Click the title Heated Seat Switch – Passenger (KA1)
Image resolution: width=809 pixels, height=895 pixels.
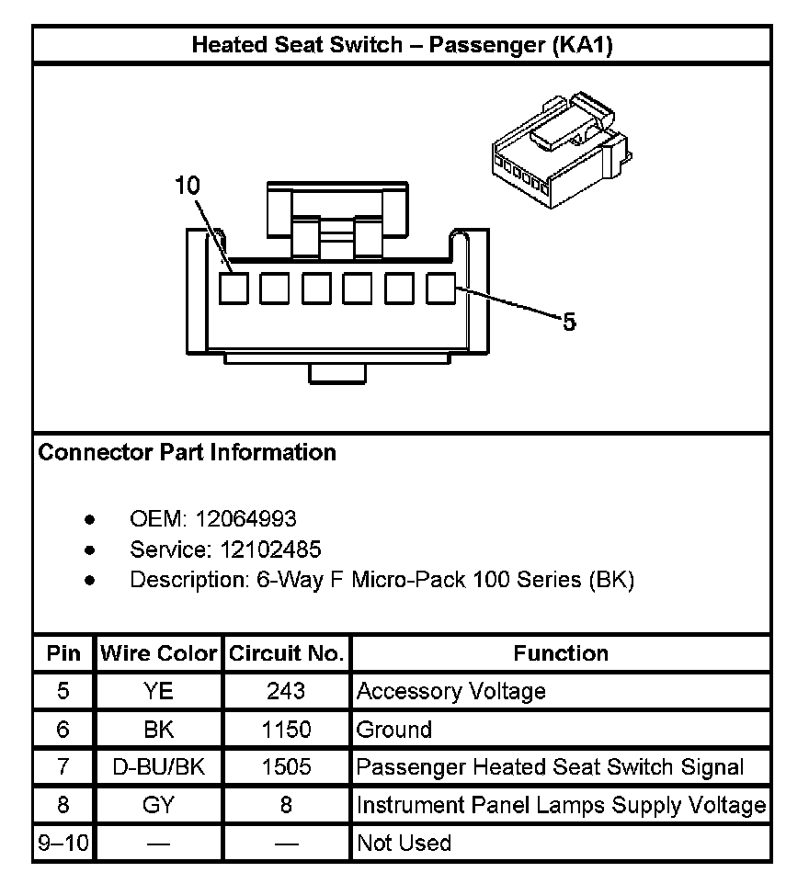[402, 45]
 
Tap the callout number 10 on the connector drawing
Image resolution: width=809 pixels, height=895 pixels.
[187, 187]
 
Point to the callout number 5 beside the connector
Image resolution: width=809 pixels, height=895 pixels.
[569, 323]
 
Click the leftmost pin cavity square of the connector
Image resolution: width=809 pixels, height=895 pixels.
[233, 289]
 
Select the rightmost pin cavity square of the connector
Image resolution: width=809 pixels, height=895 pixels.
[441, 289]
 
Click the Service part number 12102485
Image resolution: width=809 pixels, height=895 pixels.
[269, 549]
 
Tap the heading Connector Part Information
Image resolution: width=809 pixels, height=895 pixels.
[187, 452]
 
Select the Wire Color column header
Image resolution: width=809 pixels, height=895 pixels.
[158, 653]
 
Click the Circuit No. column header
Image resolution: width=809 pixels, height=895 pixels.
[286, 653]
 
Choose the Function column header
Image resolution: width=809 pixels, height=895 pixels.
[561, 653]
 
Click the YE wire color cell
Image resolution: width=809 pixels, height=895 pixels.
[158, 691]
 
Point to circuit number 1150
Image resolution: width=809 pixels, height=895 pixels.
[286, 730]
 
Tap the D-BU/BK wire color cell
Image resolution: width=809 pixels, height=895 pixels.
[158, 767]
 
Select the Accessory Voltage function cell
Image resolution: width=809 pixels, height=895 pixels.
[450, 691]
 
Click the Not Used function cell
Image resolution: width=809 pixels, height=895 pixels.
[404, 843]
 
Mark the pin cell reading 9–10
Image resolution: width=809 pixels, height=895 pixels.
[63, 843]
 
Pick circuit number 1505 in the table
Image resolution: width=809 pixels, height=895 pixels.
[286, 767]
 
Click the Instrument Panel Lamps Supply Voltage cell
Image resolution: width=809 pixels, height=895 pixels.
[561, 805]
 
